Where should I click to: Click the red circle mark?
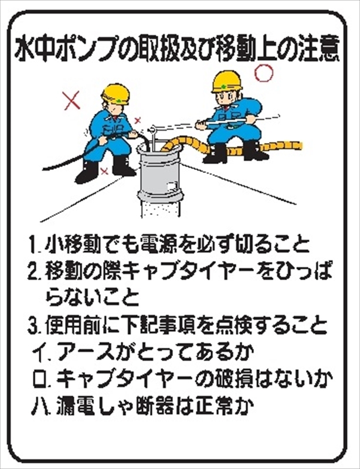[264, 73]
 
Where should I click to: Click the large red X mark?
[72, 100]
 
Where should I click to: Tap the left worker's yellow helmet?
[116, 94]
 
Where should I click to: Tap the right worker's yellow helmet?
[226, 81]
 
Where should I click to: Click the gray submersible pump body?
[159, 174]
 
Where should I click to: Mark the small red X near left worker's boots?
[104, 172]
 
